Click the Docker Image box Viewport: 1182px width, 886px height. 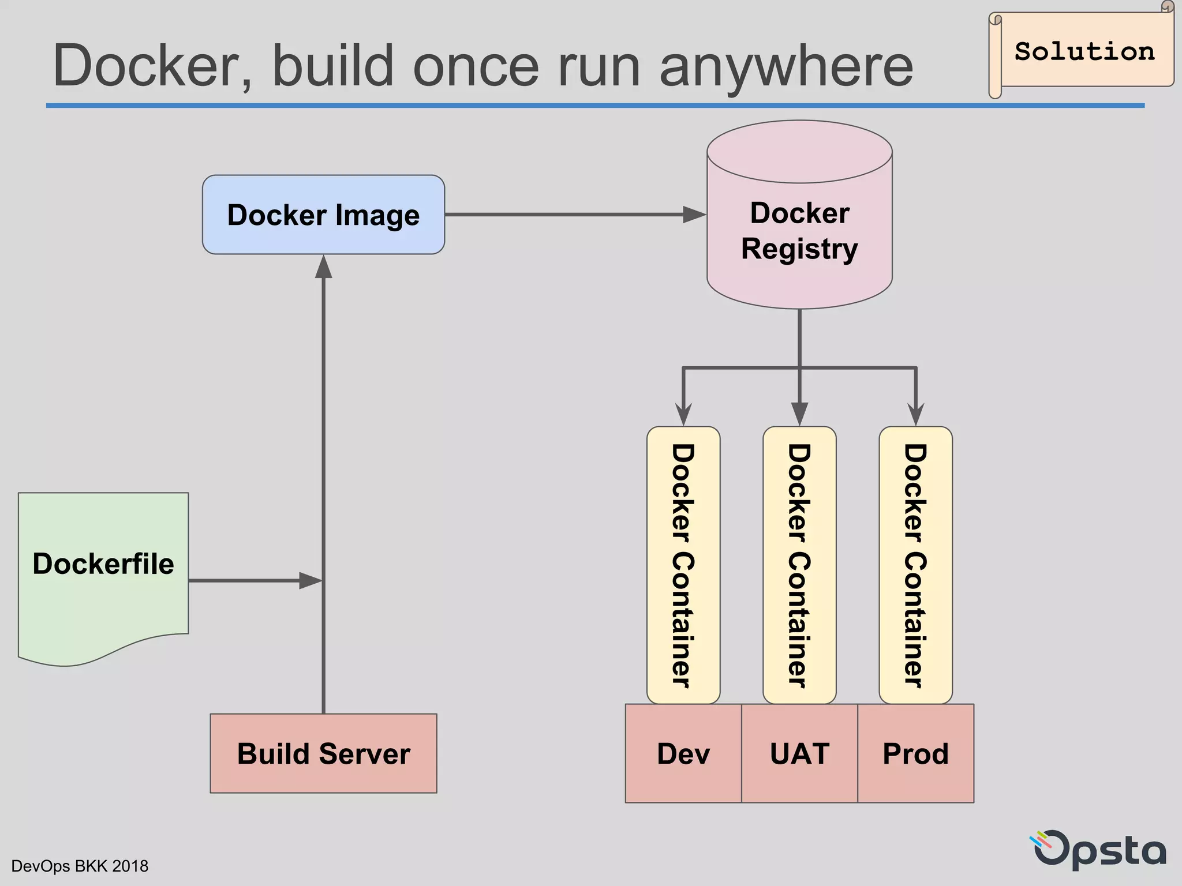(x=323, y=215)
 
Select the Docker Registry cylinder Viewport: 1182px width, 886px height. (x=799, y=231)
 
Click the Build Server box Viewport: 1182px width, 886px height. (x=323, y=753)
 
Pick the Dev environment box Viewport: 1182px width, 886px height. (x=683, y=753)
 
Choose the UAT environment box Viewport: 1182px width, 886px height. (x=799, y=753)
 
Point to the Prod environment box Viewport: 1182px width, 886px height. (x=915, y=753)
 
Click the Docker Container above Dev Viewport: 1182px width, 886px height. (x=683, y=565)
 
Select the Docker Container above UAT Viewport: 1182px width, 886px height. (x=799, y=565)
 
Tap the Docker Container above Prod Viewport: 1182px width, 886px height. (x=915, y=565)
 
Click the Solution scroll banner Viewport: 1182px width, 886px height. (x=1084, y=52)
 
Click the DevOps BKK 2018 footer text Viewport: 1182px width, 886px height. (x=80, y=866)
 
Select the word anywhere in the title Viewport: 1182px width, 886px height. (x=786, y=66)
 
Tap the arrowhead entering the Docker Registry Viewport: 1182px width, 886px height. (x=695, y=215)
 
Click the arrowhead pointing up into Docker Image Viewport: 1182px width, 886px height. (x=323, y=266)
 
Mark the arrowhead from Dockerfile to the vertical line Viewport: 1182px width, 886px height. (x=310, y=580)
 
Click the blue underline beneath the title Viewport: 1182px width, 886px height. (x=594, y=106)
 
